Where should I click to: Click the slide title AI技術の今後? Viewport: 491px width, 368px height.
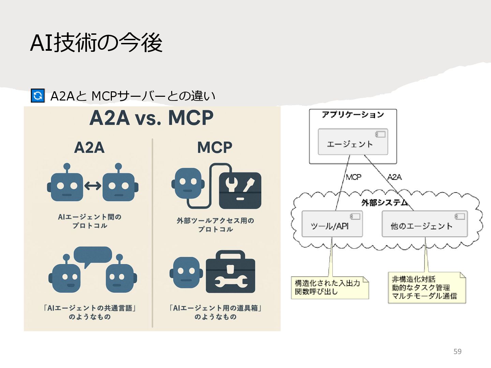pyautogui.click(x=96, y=43)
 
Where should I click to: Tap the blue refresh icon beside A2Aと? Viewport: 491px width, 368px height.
pyautogui.click(x=38, y=95)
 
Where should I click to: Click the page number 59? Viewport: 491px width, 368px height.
pyautogui.click(x=457, y=352)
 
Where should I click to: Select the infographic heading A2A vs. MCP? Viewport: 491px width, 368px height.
pyautogui.click(x=151, y=118)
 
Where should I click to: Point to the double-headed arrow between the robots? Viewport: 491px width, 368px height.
pyautogui.click(x=93, y=186)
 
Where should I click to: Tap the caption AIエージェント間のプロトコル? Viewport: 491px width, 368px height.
pyautogui.click(x=90, y=221)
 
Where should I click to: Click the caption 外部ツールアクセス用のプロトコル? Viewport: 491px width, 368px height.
pyautogui.click(x=215, y=225)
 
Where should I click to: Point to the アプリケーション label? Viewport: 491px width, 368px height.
pyautogui.click(x=353, y=115)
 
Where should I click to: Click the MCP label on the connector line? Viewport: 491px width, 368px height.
pyautogui.click(x=353, y=177)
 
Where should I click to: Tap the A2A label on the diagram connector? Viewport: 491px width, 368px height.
pyautogui.click(x=395, y=177)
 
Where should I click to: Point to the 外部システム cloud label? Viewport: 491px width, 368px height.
pyautogui.click(x=384, y=203)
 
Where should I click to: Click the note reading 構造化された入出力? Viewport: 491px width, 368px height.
pyautogui.click(x=327, y=283)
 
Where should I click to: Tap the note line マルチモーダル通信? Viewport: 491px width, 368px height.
pyautogui.click(x=424, y=296)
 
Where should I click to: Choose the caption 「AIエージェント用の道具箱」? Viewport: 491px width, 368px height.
pyautogui.click(x=215, y=308)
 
